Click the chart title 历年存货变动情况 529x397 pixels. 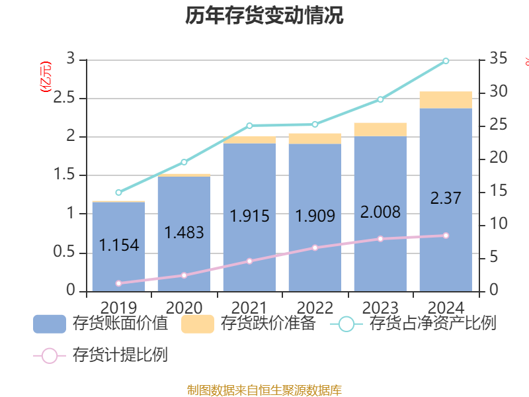pos(264,16)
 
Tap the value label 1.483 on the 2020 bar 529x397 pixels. pos(184,232)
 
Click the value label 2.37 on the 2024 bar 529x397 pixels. pos(446,198)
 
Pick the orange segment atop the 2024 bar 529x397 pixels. pos(446,100)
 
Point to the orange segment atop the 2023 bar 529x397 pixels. pos(380,129)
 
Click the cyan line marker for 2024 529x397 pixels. pos(446,61)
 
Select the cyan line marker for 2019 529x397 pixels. pos(118,193)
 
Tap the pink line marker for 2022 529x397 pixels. pos(315,247)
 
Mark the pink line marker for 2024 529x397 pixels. pos(446,236)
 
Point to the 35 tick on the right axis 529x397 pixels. pos(499,60)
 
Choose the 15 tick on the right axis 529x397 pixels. pos(499,191)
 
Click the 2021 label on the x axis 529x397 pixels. pos(249,308)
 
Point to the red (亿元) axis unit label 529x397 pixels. pos(45,78)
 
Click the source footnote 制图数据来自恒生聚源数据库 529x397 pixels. pos(264,390)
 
